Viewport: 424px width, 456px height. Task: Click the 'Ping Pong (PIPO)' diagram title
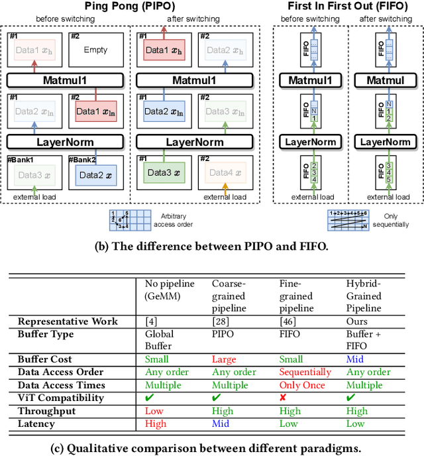(x=134, y=7)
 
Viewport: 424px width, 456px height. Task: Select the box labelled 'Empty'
(x=95, y=50)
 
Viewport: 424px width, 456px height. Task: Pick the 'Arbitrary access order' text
(x=174, y=219)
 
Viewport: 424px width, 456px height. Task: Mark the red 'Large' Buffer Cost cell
(x=224, y=360)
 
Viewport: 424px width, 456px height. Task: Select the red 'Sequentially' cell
(x=305, y=372)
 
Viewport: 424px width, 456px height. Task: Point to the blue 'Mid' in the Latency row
(x=221, y=423)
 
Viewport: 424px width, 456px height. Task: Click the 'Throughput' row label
(x=46, y=411)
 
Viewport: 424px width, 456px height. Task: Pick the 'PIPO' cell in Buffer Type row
(x=223, y=334)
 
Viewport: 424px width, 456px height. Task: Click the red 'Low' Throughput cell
(x=154, y=411)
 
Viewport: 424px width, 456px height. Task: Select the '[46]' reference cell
(x=286, y=321)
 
